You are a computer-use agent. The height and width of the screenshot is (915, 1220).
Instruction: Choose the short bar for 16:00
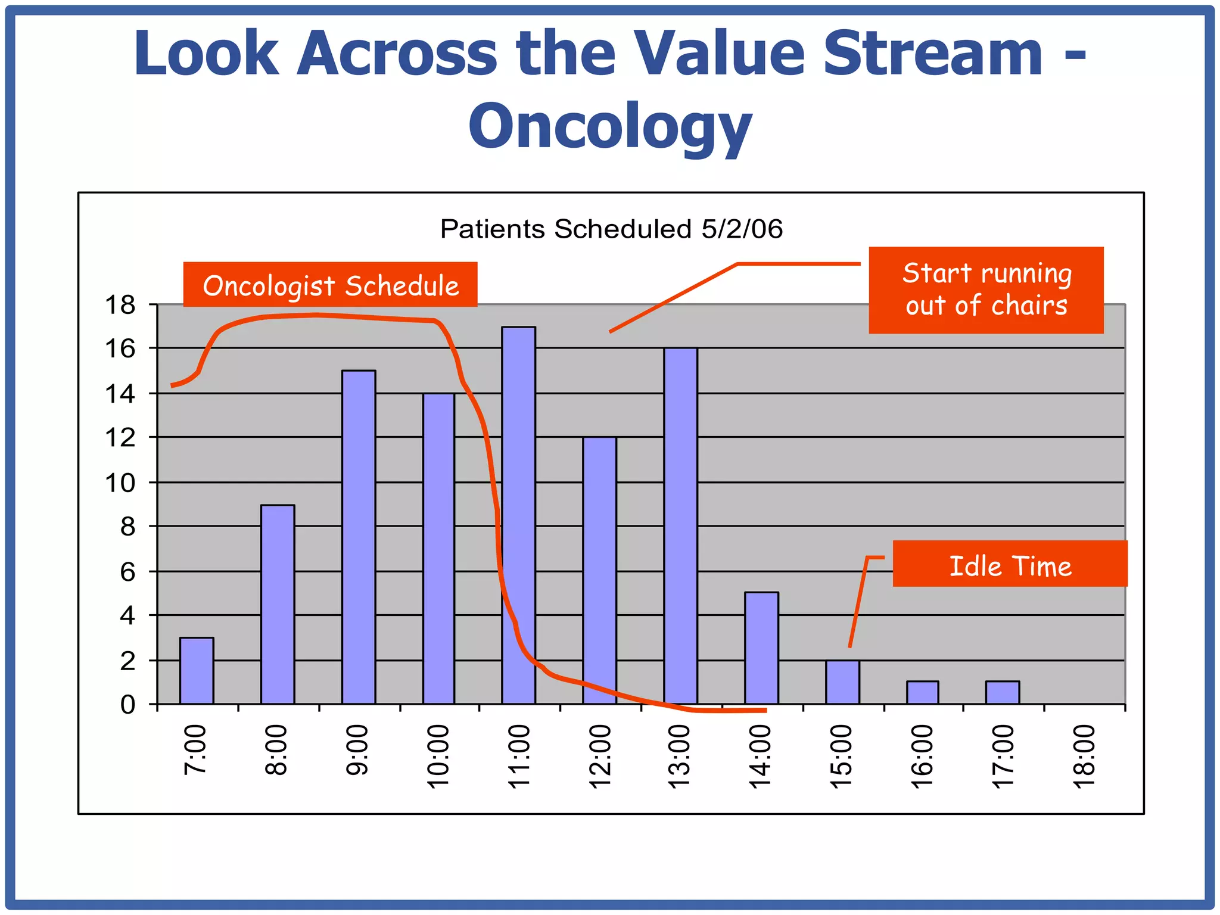point(922,692)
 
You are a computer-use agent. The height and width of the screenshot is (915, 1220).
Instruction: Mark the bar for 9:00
point(359,536)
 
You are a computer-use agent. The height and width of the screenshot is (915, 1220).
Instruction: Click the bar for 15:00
point(842,682)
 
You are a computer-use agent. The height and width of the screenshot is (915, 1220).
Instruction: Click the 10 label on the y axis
point(120,483)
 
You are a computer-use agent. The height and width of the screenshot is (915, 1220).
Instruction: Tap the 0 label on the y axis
point(127,705)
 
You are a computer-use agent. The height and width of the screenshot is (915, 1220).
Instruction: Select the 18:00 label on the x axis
point(1084,757)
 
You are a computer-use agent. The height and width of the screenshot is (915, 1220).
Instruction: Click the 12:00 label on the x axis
point(600,757)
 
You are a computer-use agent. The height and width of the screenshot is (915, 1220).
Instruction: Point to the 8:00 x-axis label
point(276,751)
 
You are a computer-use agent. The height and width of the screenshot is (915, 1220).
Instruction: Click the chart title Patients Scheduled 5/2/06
point(611,229)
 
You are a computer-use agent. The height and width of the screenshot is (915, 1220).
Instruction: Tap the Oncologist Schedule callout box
point(330,285)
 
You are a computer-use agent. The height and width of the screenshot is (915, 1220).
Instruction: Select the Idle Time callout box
point(1010,564)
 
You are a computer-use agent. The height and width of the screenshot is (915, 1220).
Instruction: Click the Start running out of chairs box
point(986,290)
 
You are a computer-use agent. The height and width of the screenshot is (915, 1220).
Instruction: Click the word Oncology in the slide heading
point(610,125)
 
